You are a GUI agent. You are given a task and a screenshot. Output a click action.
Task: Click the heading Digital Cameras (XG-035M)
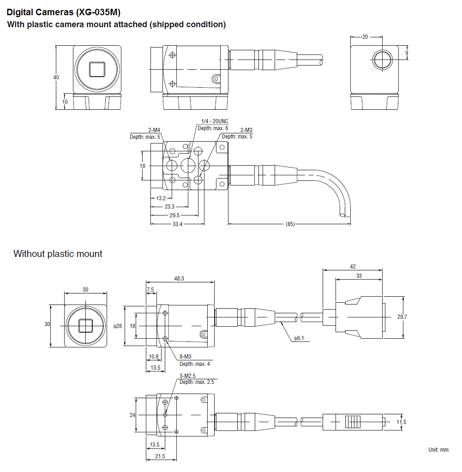[64, 12]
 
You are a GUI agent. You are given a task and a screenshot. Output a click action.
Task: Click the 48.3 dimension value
[179, 279]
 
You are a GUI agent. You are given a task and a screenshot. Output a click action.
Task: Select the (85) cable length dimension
[290, 224]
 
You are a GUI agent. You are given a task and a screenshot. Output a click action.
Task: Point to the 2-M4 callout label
[154, 130]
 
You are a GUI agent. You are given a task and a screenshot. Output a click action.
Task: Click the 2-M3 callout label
[246, 130]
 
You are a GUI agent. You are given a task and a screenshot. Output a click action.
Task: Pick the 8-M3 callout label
[186, 357]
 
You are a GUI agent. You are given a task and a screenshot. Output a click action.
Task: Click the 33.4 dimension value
[177, 224]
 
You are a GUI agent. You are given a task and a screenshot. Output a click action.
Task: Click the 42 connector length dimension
[353, 267]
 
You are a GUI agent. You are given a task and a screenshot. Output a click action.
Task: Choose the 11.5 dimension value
[402, 422]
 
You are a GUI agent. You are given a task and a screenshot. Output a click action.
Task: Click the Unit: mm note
[438, 450]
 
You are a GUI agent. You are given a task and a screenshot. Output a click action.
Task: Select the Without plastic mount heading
[58, 254]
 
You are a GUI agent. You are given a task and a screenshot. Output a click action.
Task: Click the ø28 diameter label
[119, 326]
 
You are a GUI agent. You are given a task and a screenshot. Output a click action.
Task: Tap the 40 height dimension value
[56, 78]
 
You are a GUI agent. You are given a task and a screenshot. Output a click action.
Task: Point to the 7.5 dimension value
[150, 290]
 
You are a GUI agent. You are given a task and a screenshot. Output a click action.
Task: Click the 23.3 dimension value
[169, 207]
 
